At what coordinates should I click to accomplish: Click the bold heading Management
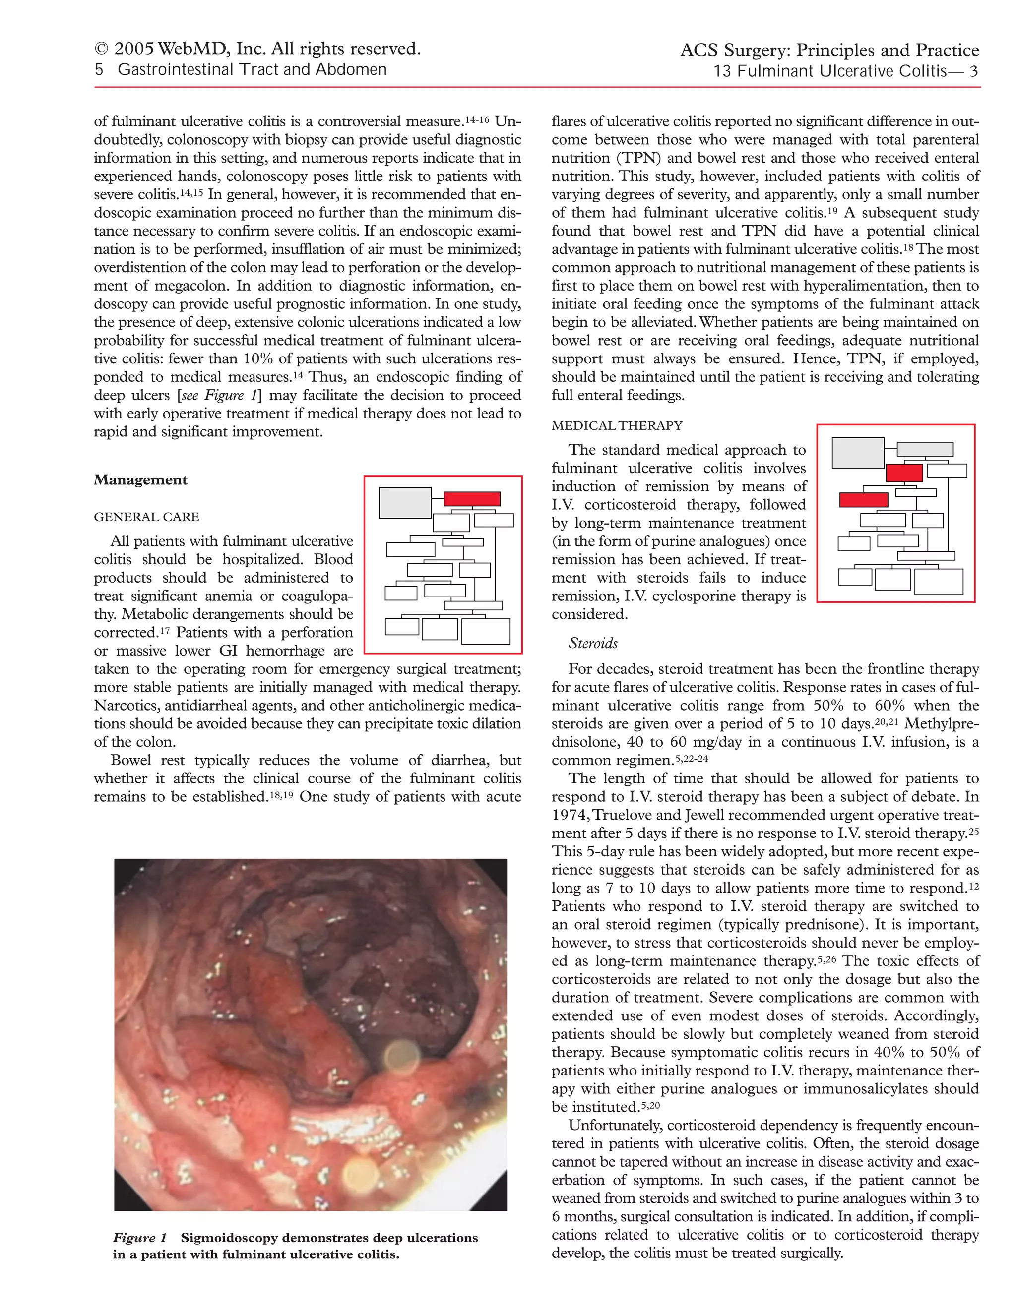(140, 480)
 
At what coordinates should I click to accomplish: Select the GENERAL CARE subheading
(146, 517)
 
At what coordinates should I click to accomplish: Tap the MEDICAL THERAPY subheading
(617, 426)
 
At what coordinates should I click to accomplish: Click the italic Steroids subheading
(593, 643)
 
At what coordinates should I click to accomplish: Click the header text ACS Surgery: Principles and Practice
(829, 50)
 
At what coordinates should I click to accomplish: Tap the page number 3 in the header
(973, 71)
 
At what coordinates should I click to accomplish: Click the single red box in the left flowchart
(472, 499)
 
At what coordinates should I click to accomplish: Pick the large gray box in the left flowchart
(404, 503)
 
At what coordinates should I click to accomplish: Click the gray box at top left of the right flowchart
(858, 453)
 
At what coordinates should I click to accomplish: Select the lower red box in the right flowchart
(863, 500)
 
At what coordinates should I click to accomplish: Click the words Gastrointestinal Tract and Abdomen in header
(252, 70)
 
